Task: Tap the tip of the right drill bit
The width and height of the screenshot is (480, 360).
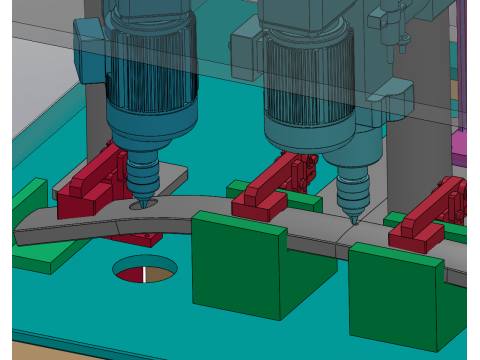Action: coord(351,221)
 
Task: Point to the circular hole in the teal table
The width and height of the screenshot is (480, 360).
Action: coord(145,270)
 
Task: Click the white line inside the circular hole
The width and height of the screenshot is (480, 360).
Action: coord(145,274)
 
